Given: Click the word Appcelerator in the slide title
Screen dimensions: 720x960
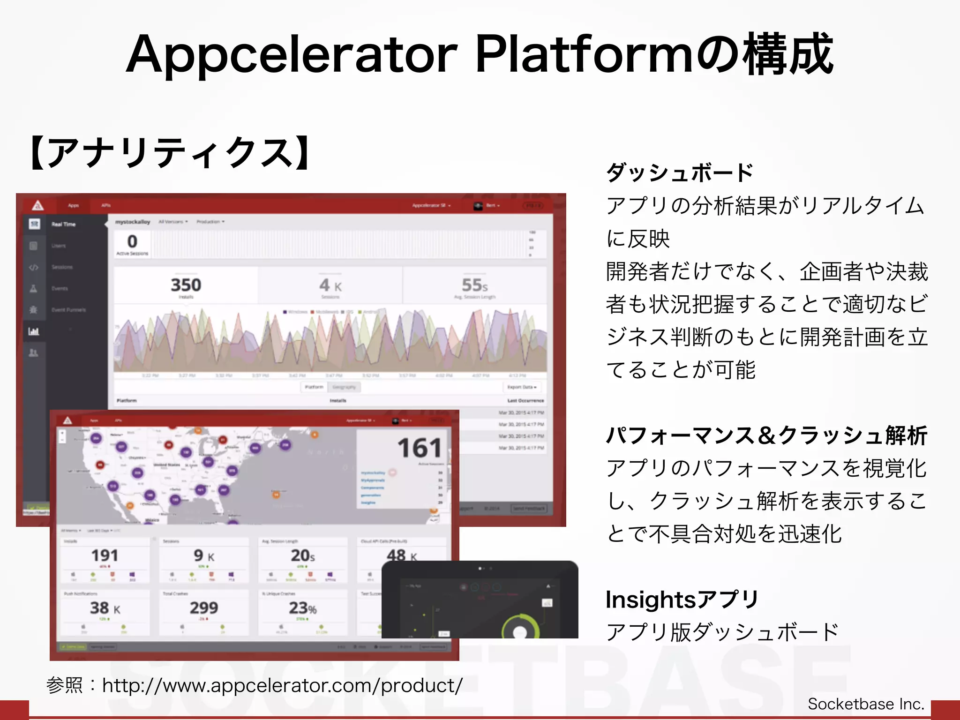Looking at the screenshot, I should point(291,55).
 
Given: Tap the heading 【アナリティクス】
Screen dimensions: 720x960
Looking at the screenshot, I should point(171,153).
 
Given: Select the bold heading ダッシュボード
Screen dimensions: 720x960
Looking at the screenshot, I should point(679,172).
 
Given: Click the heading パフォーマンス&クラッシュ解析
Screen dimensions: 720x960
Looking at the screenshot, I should point(766,435).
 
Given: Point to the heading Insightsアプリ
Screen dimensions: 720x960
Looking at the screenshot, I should point(682,600).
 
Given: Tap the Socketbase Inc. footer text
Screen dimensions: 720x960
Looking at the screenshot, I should point(866,704).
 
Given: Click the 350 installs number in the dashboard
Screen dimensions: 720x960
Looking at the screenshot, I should point(186,285).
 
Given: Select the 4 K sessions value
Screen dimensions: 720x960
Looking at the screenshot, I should point(330,285).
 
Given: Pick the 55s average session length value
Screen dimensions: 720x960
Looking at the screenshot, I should point(474,285).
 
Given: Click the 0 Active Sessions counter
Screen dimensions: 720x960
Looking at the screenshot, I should point(132,242).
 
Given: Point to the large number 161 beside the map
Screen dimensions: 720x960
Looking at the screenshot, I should point(420,448).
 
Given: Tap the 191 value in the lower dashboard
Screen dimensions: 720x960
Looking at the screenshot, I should point(105,555).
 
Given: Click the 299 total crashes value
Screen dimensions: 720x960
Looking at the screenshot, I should point(203,608).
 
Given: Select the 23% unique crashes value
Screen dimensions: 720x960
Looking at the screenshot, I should point(302,608).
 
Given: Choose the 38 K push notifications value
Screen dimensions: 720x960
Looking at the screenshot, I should point(105,608).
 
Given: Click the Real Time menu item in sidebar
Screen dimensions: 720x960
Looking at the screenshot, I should point(63,225).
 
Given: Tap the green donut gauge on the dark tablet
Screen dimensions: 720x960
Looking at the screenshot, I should point(519,627).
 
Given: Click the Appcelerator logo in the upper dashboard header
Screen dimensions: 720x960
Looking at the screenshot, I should point(38,205).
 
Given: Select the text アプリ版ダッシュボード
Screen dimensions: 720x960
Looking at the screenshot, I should point(722,632).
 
